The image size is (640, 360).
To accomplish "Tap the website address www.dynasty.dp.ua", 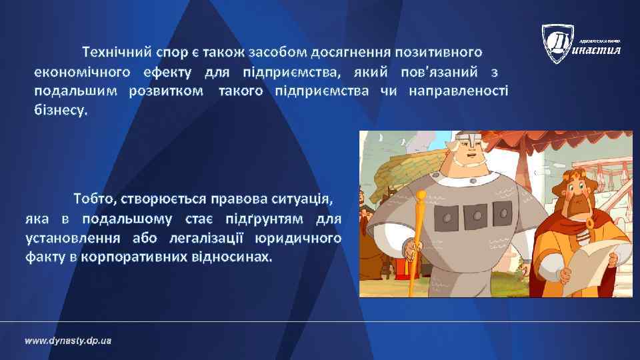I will (68, 341).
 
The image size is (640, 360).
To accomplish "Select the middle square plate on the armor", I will (477, 215).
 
